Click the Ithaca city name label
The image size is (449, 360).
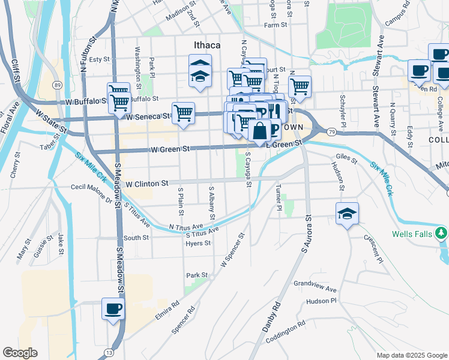207,45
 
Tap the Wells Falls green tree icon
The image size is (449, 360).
441,232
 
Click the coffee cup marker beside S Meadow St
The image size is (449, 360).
113,310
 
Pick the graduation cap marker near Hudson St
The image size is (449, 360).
346,214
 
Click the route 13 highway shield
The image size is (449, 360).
109,352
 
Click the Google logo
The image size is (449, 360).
20,353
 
